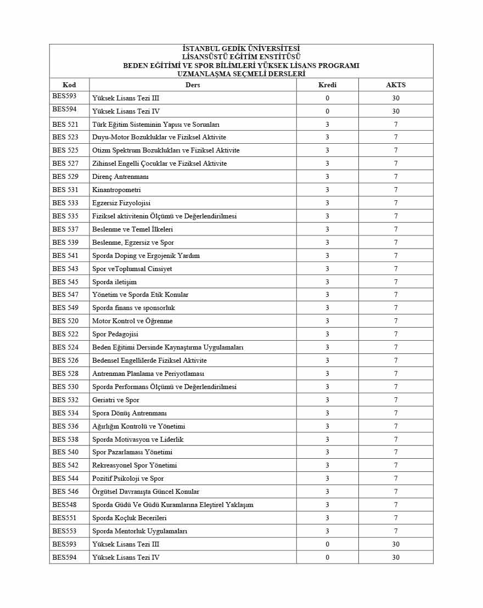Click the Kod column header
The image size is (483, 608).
[x=69, y=85]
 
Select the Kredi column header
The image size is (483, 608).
[x=327, y=85]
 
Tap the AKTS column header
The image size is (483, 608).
[x=396, y=85]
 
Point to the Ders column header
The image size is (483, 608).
[x=193, y=85]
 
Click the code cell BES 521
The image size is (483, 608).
[x=65, y=125]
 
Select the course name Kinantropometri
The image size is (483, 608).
[x=116, y=190]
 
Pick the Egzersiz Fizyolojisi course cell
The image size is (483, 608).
[x=121, y=203]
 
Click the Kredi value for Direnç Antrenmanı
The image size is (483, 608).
[x=327, y=177]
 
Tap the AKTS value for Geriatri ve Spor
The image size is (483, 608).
[x=396, y=400]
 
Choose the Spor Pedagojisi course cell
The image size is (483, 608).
[x=115, y=334]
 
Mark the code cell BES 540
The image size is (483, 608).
[x=65, y=452]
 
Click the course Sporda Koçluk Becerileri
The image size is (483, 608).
[x=130, y=518]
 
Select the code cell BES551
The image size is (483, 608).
[x=64, y=517]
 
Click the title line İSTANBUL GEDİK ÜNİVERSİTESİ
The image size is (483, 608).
[x=241, y=49]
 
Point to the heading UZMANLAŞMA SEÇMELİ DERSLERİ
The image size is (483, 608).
[x=241, y=74]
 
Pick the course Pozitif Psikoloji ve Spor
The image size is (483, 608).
[x=128, y=478]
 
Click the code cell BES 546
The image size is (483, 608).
[x=65, y=492]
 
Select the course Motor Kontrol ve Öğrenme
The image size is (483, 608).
[x=132, y=321]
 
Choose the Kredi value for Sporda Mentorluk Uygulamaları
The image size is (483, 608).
[x=327, y=531]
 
